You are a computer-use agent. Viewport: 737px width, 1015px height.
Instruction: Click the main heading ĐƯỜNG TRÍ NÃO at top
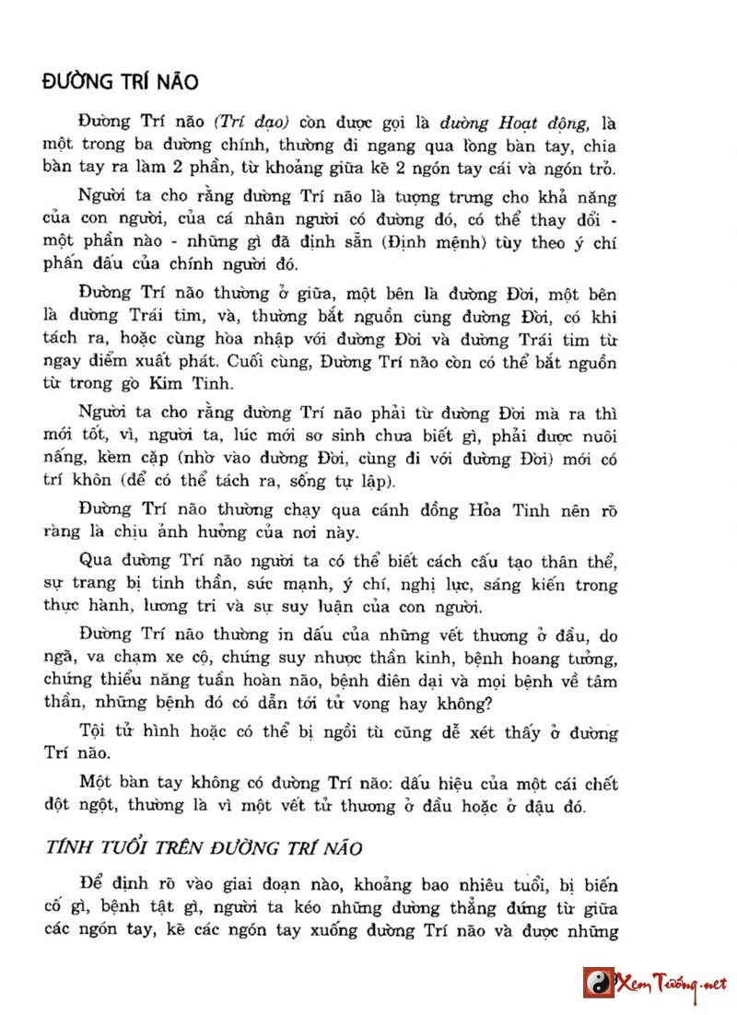click(121, 82)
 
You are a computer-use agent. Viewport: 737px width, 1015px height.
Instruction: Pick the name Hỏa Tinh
click(490, 510)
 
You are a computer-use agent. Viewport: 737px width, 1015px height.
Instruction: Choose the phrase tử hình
click(157, 733)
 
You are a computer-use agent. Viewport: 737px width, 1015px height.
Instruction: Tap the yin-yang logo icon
click(598, 983)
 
